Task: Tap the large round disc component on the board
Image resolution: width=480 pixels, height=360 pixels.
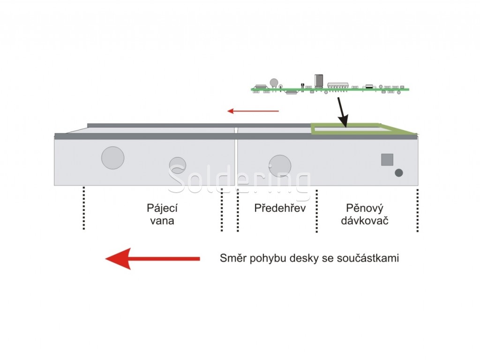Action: (274, 82)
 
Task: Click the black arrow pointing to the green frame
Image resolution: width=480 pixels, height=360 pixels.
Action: (341, 112)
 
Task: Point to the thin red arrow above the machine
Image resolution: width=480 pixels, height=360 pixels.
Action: (253, 111)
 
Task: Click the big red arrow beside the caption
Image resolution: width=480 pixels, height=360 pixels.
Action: (152, 258)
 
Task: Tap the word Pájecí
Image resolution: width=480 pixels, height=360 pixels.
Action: (162, 208)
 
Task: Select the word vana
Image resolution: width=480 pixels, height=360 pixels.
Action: (162, 221)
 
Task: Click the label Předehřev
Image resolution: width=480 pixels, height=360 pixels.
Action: (280, 208)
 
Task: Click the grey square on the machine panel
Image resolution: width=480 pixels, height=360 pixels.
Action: (387, 159)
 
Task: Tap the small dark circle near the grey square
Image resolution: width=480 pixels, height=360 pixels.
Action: (399, 173)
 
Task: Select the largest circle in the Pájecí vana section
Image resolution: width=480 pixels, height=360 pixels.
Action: (113, 157)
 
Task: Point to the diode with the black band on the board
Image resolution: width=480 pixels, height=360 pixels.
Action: (369, 86)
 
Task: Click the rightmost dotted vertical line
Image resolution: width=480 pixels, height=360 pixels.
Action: (417, 210)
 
